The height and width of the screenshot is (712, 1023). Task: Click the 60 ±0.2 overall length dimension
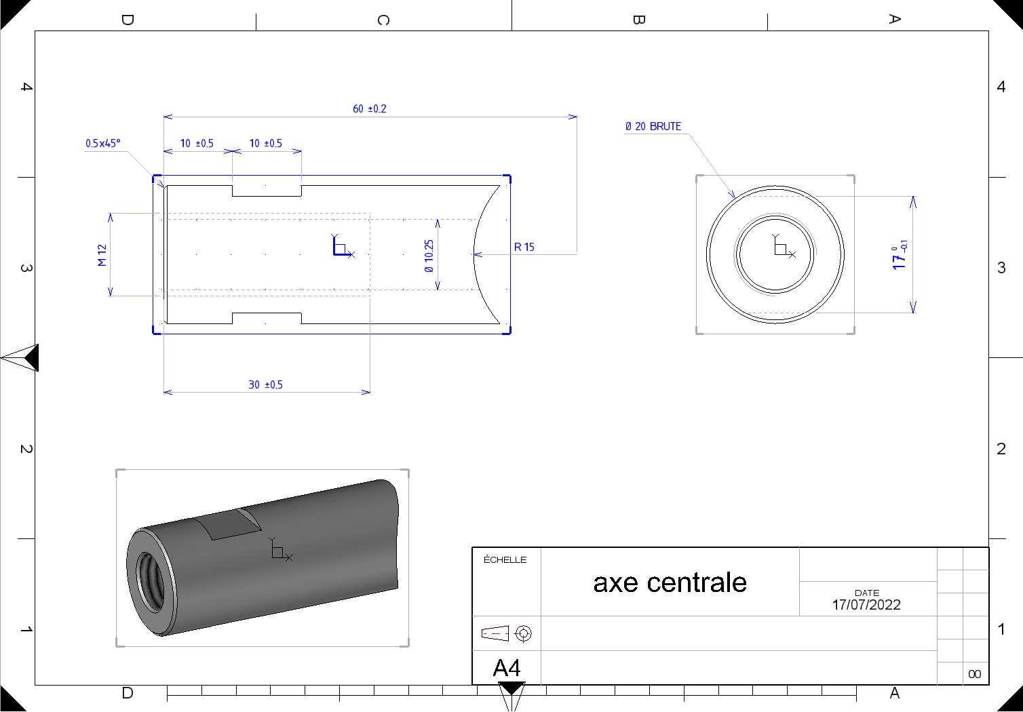click(370, 108)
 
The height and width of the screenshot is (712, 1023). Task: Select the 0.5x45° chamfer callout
click(102, 143)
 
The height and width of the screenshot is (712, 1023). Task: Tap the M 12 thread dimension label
click(102, 255)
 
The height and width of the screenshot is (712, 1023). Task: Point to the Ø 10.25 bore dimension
click(428, 256)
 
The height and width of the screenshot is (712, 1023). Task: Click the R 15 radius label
click(524, 247)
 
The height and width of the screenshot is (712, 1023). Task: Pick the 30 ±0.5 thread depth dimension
click(265, 384)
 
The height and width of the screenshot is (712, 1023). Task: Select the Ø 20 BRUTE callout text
click(653, 126)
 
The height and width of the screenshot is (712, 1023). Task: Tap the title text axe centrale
click(670, 583)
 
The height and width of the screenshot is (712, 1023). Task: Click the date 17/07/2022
click(866, 605)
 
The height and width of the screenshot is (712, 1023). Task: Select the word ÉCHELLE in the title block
click(505, 559)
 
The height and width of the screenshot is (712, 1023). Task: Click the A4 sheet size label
click(507, 668)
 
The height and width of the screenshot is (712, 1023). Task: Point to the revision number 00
click(975, 674)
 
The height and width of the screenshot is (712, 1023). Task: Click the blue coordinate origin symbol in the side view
click(343, 246)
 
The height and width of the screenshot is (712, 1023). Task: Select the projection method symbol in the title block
click(507, 633)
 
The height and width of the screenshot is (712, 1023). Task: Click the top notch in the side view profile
click(267, 191)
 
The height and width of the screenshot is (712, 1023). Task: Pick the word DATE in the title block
click(867, 593)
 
